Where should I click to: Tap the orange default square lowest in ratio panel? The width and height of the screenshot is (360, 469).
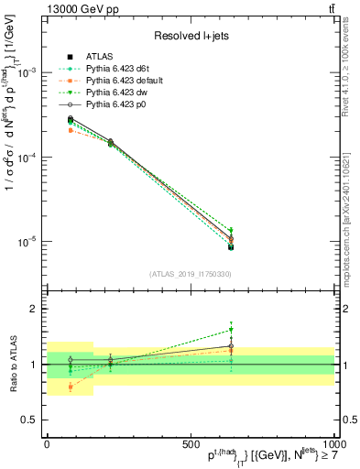[x=71, y=387]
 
